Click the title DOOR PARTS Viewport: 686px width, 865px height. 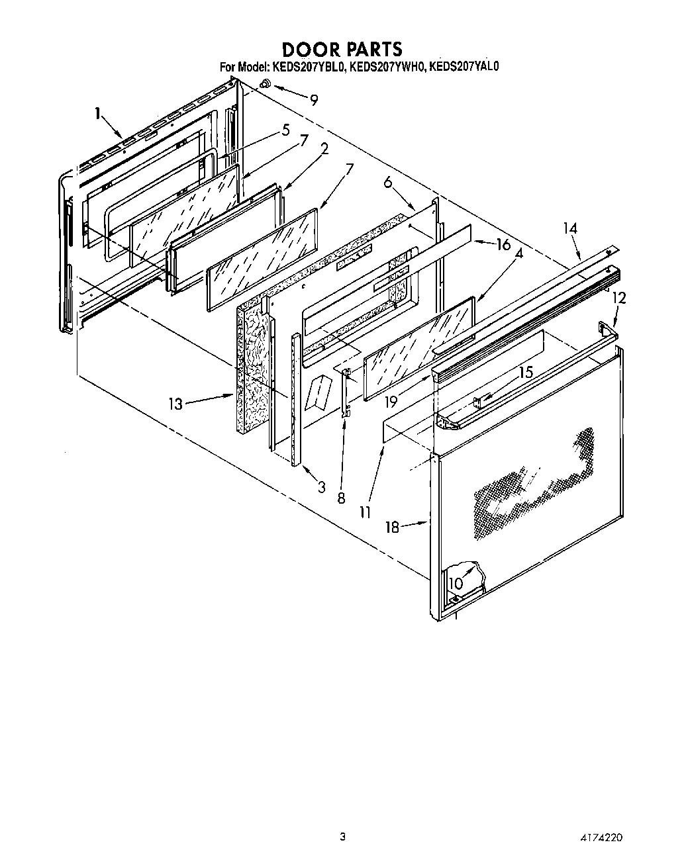[342, 49]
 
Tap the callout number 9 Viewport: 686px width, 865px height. [313, 100]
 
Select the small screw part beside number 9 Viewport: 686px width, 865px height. [265, 84]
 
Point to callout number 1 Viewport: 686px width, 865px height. [98, 114]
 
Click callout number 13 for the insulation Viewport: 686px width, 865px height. [175, 403]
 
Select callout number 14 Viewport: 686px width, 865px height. [570, 229]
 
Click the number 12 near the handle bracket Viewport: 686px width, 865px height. [618, 299]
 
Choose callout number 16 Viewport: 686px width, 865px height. [503, 244]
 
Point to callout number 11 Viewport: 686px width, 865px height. [365, 512]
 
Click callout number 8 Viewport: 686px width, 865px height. [341, 498]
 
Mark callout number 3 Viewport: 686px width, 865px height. [321, 488]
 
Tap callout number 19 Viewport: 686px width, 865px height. [391, 400]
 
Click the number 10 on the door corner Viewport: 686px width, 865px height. [456, 583]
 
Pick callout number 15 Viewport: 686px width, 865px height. [526, 373]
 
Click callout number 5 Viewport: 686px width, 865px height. [285, 130]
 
